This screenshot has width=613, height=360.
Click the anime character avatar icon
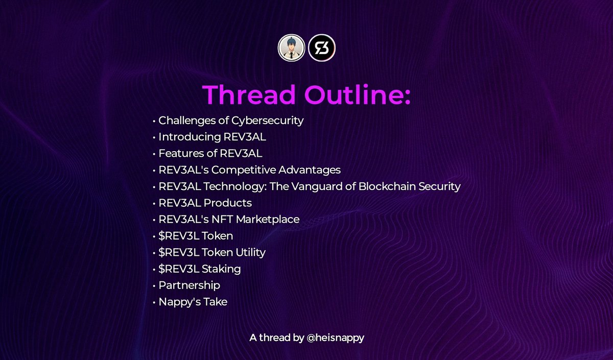pyautogui.click(x=292, y=48)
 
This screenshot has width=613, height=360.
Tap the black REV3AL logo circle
pyautogui.click(x=322, y=48)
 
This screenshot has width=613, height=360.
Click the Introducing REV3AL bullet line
pyautogui.click(x=212, y=137)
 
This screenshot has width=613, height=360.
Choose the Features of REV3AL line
pyautogui.click(x=210, y=154)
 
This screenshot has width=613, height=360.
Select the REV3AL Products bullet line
pyautogui.click(x=205, y=203)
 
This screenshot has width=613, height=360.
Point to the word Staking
pyautogui.click(x=222, y=269)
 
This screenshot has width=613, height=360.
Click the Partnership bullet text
pyautogui.click(x=189, y=285)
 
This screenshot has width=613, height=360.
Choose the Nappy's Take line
pyautogui.click(x=193, y=302)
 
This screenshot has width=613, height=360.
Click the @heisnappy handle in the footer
pyautogui.click(x=335, y=338)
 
